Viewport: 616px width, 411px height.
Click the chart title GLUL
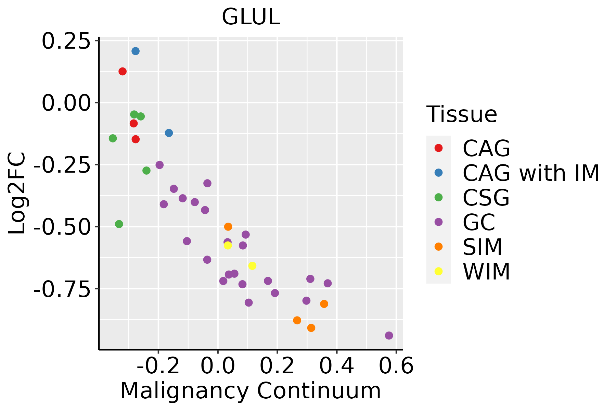pyautogui.click(x=251, y=17)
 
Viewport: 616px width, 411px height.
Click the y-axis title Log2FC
pyautogui.click(x=17, y=193)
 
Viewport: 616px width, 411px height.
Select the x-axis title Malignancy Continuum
pyautogui.click(x=251, y=391)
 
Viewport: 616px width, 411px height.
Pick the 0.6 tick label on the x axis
pyautogui.click(x=396, y=366)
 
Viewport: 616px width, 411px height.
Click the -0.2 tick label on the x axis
pyautogui.click(x=158, y=366)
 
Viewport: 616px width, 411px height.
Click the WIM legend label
pyautogui.click(x=486, y=272)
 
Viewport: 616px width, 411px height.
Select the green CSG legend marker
pyautogui.click(x=438, y=197)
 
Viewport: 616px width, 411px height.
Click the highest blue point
pyautogui.click(x=136, y=51)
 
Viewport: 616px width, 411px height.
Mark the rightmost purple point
pyautogui.click(x=389, y=335)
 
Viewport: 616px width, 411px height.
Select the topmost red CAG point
pyautogui.click(x=123, y=71)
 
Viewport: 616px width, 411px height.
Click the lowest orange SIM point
pyautogui.click(x=311, y=328)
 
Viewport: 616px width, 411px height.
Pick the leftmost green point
pyautogui.click(x=113, y=138)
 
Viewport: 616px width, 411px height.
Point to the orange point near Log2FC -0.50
pyautogui.click(x=228, y=227)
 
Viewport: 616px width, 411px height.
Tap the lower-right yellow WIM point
pyautogui.click(x=252, y=266)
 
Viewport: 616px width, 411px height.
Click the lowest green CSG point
pyautogui.click(x=119, y=224)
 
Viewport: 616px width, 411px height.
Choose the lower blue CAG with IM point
pyautogui.click(x=169, y=133)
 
